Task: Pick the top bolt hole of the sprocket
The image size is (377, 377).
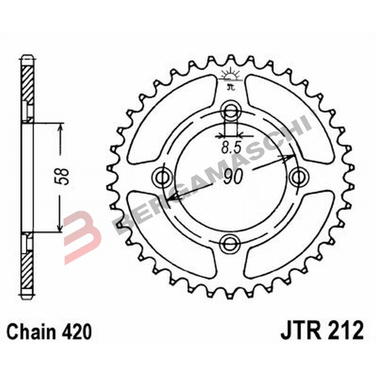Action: pos(230,111)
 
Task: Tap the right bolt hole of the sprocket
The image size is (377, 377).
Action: pos(297,178)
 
